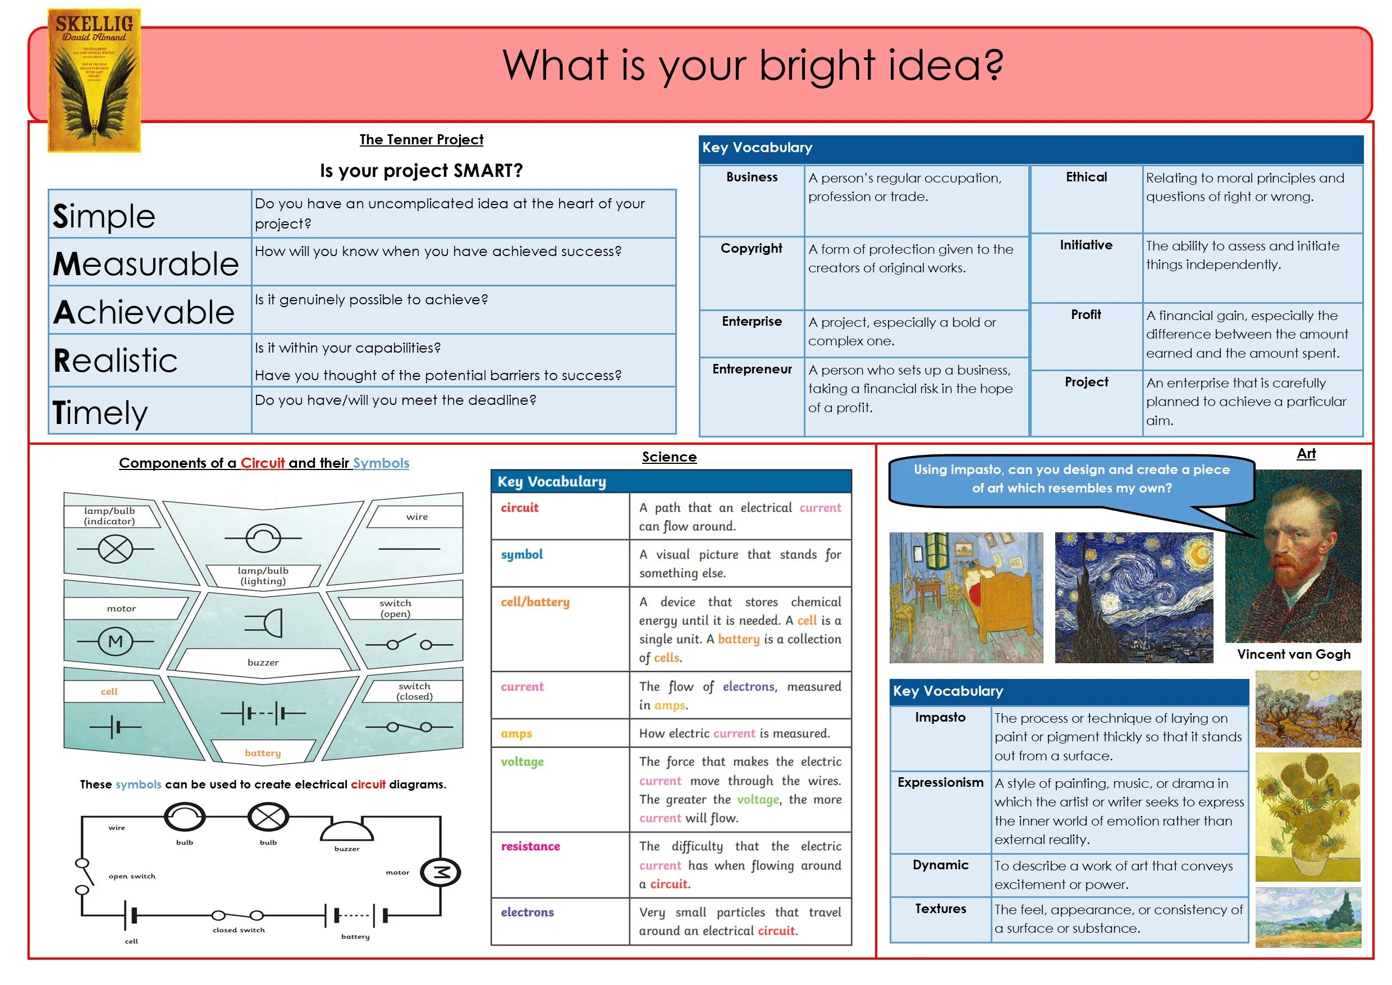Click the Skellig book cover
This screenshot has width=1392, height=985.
(x=95, y=80)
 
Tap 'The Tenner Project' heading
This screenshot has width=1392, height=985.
(x=422, y=139)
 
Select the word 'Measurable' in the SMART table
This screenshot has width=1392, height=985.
(x=146, y=264)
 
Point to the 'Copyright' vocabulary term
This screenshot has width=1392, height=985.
(x=751, y=248)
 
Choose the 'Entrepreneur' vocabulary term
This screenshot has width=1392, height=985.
(x=752, y=369)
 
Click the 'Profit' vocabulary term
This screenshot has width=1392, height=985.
(x=1086, y=314)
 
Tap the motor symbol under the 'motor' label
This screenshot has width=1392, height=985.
(x=115, y=641)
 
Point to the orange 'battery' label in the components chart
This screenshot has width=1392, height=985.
(x=263, y=753)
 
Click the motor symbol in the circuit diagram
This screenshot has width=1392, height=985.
(x=441, y=872)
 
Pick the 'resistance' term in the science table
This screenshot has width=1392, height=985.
(x=530, y=846)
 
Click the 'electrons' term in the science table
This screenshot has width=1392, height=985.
(x=528, y=912)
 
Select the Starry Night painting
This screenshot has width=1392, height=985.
(x=1134, y=598)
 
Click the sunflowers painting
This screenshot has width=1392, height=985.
(x=1308, y=817)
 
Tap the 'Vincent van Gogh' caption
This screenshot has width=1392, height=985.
(x=1294, y=654)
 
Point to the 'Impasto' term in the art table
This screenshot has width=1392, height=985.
(x=940, y=717)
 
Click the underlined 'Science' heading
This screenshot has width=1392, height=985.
(x=669, y=457)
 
